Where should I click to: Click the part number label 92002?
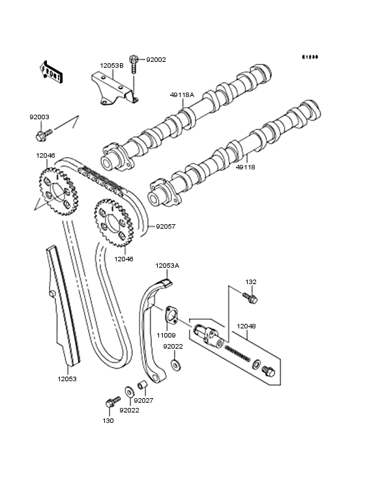[x=156, y=59]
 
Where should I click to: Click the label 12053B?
[x=111, y=65]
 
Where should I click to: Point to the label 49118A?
[x=182, y=94]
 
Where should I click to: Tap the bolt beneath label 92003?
[x=42, y=136]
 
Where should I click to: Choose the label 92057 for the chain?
[x=165, y=227]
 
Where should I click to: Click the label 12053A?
[x=167, y=265]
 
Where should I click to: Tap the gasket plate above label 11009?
[x=171, y=315]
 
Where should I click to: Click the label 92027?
[x=143, y=400]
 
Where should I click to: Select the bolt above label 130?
[x=111, y=403]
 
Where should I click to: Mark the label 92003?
[x=38, y=117]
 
